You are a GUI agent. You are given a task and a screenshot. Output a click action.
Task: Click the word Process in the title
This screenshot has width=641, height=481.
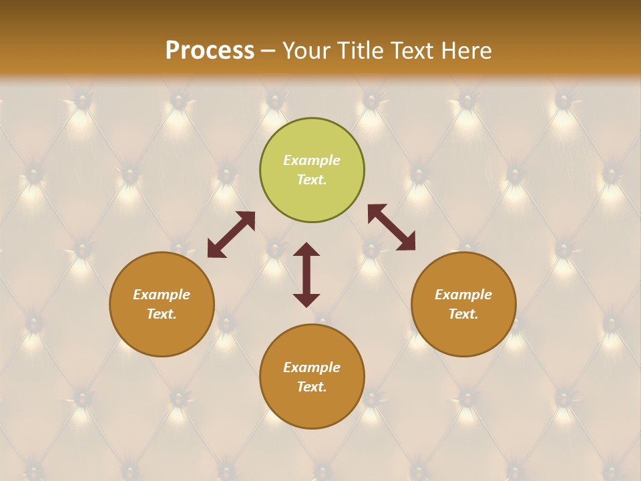[210, 51]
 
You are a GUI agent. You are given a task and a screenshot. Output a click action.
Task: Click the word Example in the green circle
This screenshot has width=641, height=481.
[312, 160]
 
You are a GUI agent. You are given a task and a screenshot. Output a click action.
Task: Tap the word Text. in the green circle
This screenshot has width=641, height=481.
[312, 180]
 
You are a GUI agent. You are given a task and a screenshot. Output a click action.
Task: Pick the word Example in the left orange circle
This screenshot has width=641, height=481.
[162, 295]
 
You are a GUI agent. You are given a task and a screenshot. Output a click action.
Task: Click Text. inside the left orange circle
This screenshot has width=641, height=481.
[162, 314]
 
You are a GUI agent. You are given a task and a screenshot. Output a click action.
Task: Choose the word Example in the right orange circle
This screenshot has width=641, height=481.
[463, 295]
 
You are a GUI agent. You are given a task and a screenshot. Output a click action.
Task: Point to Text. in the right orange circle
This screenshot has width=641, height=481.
[463, 314]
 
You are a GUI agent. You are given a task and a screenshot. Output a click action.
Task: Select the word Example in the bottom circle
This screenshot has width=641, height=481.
[312, 367]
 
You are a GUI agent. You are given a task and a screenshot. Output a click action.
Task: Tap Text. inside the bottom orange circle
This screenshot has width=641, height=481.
[312, 387]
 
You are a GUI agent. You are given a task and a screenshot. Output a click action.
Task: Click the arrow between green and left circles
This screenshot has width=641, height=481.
[231, 234]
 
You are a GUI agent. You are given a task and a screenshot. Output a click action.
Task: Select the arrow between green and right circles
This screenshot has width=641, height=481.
[391, 227]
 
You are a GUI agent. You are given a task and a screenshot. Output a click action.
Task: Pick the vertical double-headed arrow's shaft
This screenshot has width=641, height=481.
[306, 275]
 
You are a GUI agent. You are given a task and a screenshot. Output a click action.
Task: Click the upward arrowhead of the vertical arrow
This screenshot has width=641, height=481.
[306, 249]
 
